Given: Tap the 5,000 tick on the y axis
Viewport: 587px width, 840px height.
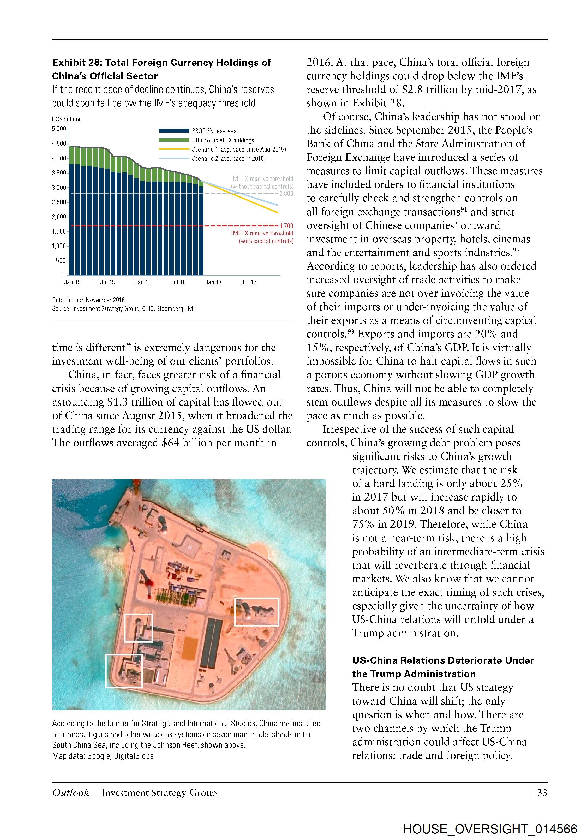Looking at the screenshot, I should [x=59, y=129].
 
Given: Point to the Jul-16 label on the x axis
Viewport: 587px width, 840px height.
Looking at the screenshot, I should [x=178, y=282].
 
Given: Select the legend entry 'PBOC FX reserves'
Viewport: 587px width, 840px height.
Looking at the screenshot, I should [x=214, y=131].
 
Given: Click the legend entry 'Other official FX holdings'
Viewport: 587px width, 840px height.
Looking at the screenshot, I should [x=223, y=140].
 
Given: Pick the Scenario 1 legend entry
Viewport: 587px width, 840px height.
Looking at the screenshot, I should [x=238, y=149].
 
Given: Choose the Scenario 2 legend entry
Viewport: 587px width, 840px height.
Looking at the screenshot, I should [x=229, y=159].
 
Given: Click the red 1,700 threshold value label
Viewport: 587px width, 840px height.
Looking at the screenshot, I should [x=286, y=226].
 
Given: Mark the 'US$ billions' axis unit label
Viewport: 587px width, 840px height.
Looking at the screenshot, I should [x=67, y=119].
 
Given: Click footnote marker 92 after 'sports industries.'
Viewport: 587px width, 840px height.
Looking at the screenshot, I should [x=516, y=250].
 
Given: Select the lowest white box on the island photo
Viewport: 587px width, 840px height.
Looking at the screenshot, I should [x=124, y=671].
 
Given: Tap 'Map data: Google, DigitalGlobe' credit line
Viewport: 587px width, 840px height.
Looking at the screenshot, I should [x=103, y=756].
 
